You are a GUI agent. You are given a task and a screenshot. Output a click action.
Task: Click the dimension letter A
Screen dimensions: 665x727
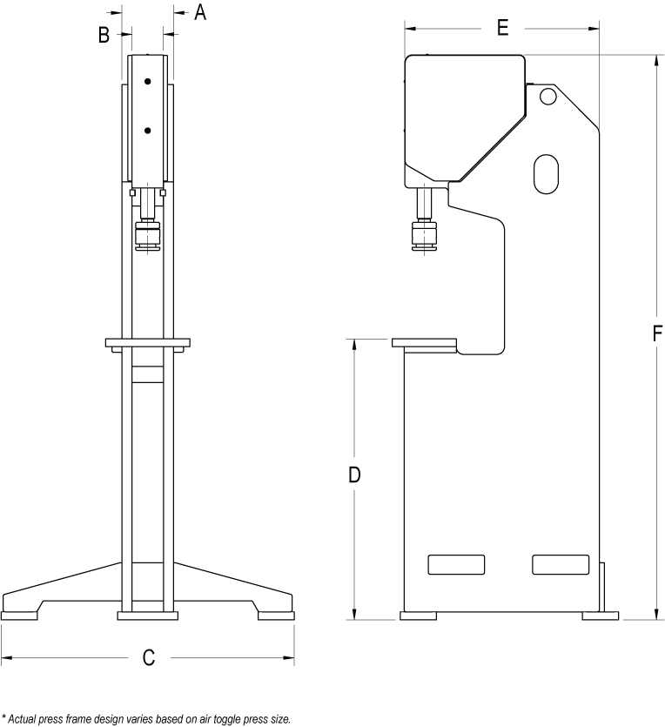point(199,12)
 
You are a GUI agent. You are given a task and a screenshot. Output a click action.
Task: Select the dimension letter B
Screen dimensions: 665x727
point(104,35)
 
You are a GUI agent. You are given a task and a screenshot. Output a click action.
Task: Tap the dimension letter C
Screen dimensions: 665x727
point(148,657)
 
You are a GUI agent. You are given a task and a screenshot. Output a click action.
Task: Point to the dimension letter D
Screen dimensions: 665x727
point(354,475)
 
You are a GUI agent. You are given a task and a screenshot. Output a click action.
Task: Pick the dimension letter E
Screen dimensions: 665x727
point(503,28)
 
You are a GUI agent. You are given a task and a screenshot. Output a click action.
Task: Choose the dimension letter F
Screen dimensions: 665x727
point(657,333)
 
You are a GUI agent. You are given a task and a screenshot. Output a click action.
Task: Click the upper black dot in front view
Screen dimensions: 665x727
point(147,82)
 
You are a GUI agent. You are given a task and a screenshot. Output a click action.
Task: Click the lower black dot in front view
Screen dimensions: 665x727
point(147,131)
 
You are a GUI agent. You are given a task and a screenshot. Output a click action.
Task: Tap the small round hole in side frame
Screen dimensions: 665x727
point(547,97)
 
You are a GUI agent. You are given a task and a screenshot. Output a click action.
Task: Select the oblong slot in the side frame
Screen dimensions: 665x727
point(546,174)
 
